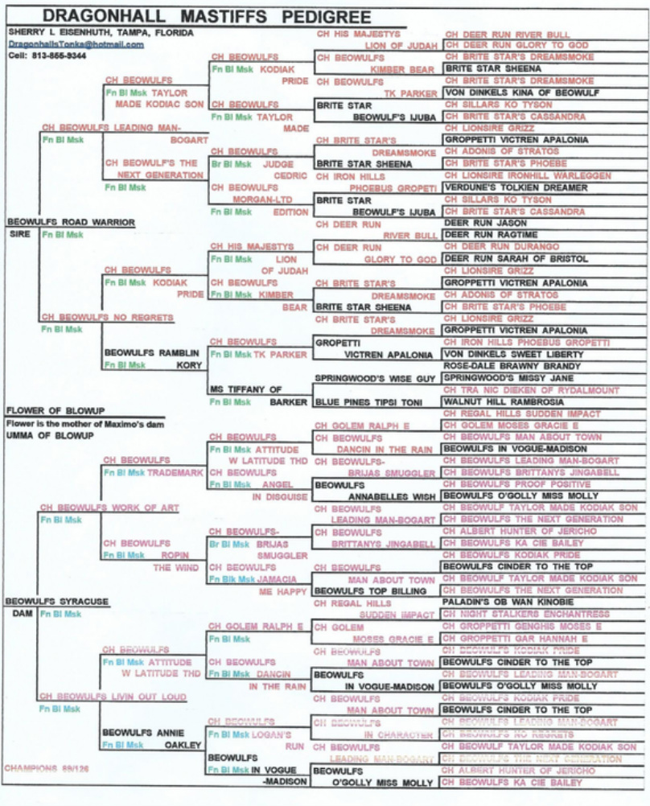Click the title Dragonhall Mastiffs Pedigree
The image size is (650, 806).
point(207,17)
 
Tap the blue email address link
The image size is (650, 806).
point(76,45)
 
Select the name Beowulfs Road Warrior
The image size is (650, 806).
point(71,222)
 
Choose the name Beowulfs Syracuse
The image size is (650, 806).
point(56,602)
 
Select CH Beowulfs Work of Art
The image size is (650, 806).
point(99,508)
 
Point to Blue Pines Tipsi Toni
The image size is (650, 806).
point(374,401)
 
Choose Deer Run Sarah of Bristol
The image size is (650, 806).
point(516,259)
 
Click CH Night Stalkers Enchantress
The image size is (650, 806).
point(526,614)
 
